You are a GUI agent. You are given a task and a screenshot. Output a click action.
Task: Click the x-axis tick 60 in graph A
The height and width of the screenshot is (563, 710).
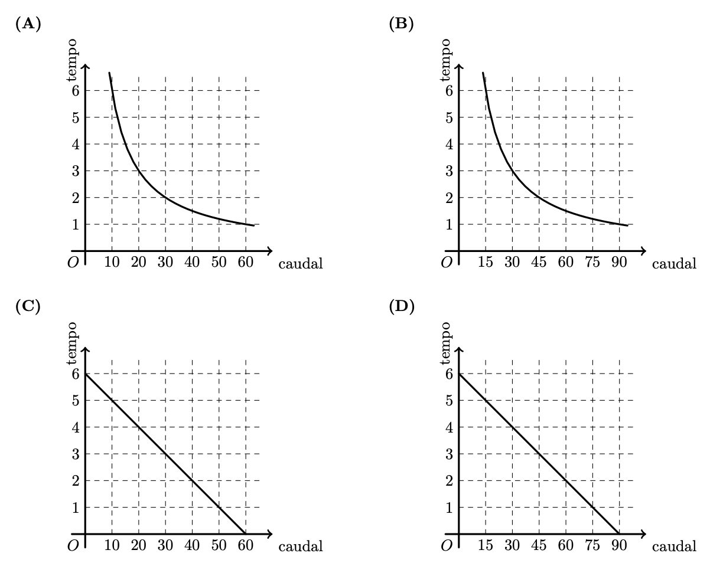[x=245, y=263]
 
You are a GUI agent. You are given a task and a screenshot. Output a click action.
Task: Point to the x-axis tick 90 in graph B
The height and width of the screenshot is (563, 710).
[x=618, y=263]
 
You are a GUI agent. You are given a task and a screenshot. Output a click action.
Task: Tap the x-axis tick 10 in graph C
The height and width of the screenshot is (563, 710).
[x=112, y=545]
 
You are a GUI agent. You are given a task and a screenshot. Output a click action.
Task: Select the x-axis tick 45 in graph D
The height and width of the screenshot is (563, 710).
[x=539, y=545]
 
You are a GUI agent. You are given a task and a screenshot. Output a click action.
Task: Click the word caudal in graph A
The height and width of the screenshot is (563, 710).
[x=301, y=263]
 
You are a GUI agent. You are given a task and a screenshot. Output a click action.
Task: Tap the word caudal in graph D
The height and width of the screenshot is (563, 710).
[x=674, y=546]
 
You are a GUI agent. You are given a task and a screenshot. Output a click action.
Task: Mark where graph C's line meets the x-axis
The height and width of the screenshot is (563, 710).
[x=245, y=533]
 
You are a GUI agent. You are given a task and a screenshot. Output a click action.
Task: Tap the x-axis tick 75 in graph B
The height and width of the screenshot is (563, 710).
[x=592, y=263]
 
